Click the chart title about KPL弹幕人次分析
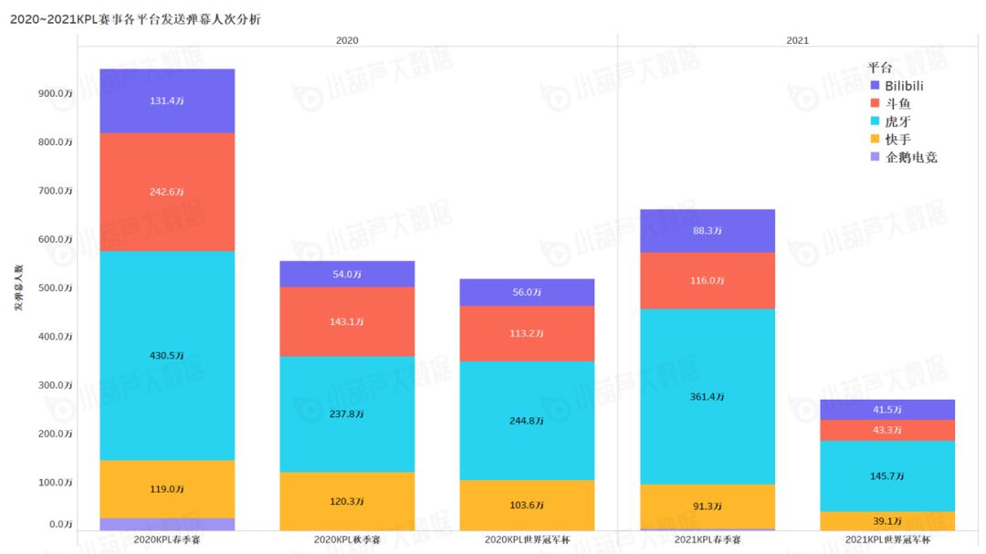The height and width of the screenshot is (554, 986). [135, 19]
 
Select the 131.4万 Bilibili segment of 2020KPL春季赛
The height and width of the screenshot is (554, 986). [167, 101]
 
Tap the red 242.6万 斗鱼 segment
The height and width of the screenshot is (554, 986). [167, 192]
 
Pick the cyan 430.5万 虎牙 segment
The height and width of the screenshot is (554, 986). [167, 355]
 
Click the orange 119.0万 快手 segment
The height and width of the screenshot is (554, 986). [167, 489]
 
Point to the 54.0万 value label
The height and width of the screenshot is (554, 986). [347, 274]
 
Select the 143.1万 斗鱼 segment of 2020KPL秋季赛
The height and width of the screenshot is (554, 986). [347, 321]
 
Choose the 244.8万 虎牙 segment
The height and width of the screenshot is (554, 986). [527, 421]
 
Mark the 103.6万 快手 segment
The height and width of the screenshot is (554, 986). [527, 505]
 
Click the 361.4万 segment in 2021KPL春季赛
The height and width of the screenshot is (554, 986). [708, 396]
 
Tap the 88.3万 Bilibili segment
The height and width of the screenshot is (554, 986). [708, 231]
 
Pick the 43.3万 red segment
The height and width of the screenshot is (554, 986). [887, 430]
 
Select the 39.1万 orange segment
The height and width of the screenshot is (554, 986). [887, 520]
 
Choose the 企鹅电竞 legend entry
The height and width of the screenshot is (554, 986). [910, 157]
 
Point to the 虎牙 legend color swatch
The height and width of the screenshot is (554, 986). [874, 121]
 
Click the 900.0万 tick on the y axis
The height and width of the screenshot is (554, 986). [55, 93]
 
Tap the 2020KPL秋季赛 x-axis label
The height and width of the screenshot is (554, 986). [347, 540]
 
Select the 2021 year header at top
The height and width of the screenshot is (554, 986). [797, 41]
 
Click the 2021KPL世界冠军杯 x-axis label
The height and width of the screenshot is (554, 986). [887, 540]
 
